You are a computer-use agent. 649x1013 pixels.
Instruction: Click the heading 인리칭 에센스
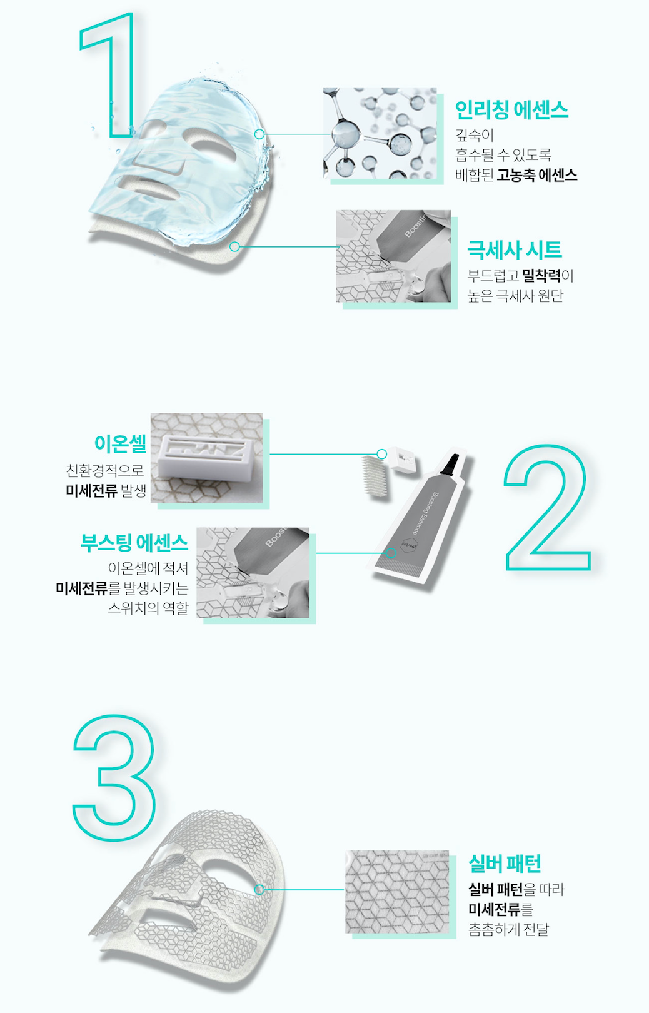[x=511, y=110]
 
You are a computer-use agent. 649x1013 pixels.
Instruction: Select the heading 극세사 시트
[x=514, y=249]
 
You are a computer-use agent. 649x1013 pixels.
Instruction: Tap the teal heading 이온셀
[x=120, y=443]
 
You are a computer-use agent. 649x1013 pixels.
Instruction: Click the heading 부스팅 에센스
[x=134, y=542]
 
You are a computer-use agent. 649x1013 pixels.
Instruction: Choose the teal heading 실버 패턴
[x=505, y=864]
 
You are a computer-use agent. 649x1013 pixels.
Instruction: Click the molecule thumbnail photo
[x=380, y=133]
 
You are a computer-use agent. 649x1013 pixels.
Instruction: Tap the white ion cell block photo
[x=207, y=458]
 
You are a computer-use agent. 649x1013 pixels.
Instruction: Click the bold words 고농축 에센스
[x=537, y=175]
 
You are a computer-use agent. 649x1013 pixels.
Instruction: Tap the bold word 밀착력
[x=541, y=275]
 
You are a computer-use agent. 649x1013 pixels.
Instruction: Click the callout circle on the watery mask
[x=259, y=134]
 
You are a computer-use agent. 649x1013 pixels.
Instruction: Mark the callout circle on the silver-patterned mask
[x=259, y=890]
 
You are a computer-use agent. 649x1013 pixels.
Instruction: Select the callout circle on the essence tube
[x=391, y=553]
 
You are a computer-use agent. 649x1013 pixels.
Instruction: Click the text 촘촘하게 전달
[x=508, y=929]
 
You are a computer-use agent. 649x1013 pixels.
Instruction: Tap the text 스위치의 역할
[x=148, y=608]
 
